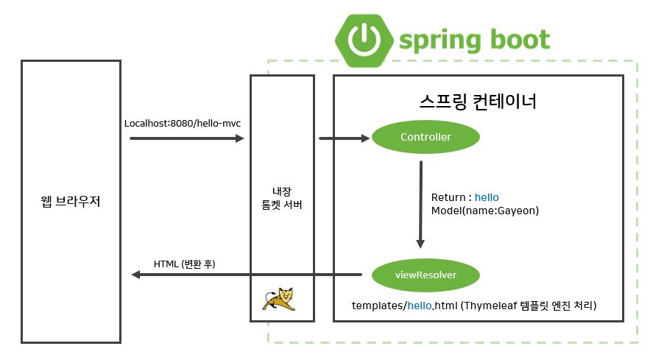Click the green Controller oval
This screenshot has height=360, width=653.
tap(426, 138)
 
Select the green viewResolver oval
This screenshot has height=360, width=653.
tap(426, 275)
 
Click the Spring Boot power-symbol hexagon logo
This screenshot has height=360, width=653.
tap(361, 38)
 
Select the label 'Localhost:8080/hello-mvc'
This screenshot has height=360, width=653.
tap(183, 123)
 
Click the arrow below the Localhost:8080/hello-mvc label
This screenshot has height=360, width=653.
tap(186, 138)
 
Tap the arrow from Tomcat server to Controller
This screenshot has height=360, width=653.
tap(344, 138)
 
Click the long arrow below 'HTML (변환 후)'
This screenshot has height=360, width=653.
tap(247, 275)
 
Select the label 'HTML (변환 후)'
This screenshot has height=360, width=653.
tap(184, 263)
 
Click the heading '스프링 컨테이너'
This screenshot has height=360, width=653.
tap(478, 101)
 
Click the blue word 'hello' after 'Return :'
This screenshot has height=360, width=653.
tap(487, 197)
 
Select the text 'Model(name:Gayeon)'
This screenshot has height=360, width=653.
tap(485, 211)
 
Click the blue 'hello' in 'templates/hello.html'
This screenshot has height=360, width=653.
tap(419, 305)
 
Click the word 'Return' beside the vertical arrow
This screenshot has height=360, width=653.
tap(448, 197)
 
